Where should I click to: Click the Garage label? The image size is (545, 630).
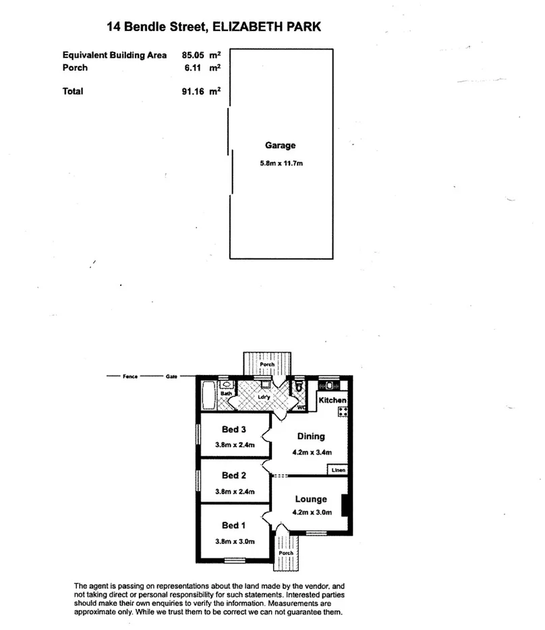coord(281,145)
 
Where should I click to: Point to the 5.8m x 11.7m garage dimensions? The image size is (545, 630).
coord(281,163)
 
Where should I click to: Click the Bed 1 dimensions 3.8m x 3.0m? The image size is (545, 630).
coord(235,540)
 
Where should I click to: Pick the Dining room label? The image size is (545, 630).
coord(311,436)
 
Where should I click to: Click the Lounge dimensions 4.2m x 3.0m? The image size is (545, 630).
coord(311,513)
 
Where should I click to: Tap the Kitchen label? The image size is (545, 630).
coord(333,401)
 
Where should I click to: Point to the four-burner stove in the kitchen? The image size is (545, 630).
coord(342,410)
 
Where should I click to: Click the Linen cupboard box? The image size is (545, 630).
coord(337,469)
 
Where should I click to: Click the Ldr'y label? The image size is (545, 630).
coord(264,397)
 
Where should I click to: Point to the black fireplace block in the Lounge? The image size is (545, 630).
coord(344,505)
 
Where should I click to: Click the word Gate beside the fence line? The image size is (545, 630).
coord(171,376)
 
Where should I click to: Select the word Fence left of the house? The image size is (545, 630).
coord(130,376)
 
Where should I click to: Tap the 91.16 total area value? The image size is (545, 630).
coord(193,92)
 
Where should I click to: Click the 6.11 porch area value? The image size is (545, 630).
coord(194,68)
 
